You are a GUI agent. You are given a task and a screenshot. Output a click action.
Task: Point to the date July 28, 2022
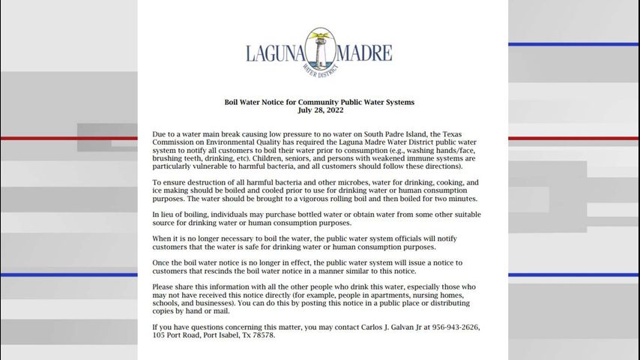coord(320,109)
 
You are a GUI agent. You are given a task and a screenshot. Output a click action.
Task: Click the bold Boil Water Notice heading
coord(320,101)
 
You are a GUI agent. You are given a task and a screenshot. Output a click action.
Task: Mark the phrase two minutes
coord(456,199)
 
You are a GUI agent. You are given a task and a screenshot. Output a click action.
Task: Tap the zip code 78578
coord(263,335)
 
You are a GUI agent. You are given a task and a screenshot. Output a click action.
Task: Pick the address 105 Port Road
coord(177,335)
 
